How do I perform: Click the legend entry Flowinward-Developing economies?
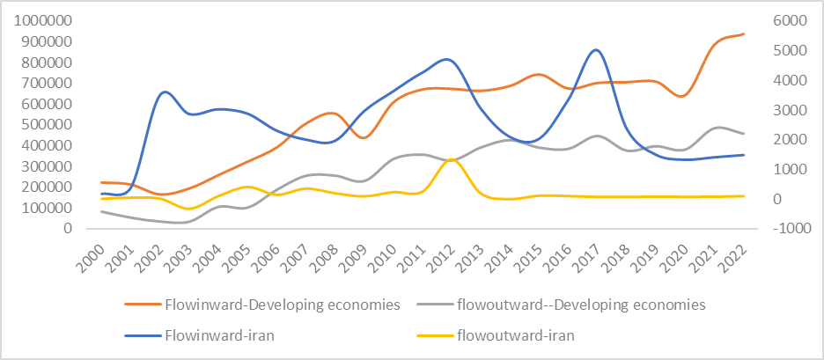[x=282, y=305]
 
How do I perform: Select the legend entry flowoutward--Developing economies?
[x=580, y=305]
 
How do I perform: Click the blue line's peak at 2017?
[x=597, y=50]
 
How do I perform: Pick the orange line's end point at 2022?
[x=744, y=33]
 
